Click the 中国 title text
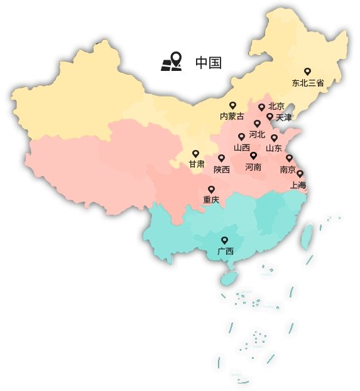208,63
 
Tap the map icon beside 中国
172,62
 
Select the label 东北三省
308,83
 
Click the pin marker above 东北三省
307,72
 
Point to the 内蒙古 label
232,116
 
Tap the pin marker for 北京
261,107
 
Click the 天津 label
283,117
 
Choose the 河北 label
257,134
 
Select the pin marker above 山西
241,136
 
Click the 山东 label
274,149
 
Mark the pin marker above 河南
253,155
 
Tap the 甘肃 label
196,164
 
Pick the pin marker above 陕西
221,158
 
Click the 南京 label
288,169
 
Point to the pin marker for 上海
300,174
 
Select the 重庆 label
211,200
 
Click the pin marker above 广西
224,240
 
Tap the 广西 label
225,251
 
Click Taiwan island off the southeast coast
307,237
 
